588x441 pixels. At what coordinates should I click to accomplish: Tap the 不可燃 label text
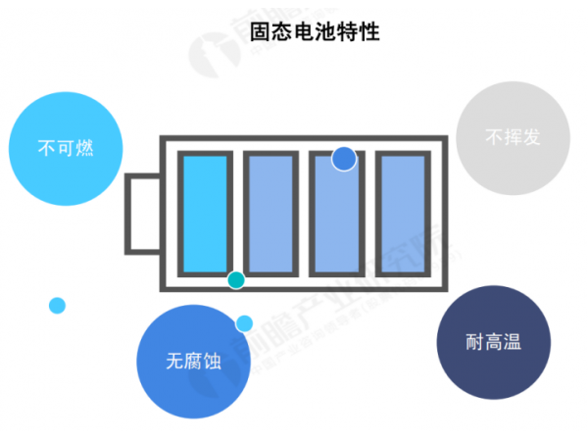66,149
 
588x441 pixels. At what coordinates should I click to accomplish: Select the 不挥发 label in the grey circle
513,138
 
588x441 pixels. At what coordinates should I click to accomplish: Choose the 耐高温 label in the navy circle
493,342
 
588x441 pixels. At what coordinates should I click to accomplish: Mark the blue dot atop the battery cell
343,158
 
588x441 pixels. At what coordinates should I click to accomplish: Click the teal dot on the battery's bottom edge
235,280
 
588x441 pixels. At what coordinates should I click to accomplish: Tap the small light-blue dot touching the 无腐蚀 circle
244,322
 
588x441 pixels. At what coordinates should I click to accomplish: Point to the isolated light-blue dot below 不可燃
57,305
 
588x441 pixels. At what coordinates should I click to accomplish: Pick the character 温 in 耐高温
511,342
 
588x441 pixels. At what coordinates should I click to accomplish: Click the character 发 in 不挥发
531,138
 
